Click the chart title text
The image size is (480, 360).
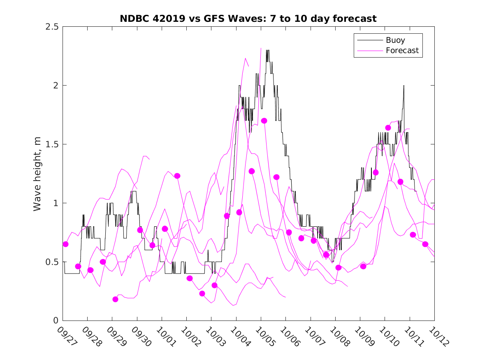(x=248, y=19)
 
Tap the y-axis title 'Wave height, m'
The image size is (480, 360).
(x=37, y=174)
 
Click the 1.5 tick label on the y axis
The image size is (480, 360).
(x=53, y=144)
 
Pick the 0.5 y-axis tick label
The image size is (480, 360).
(x=53, y=262)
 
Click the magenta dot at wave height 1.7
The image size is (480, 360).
(x=264, y=121)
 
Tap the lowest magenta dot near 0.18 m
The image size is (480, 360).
(x=115, y=299)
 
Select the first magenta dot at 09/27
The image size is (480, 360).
(x=65, y=244)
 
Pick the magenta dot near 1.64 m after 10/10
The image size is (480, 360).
(x=388, y=128)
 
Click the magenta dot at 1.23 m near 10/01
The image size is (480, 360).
(x=177, y=176)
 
